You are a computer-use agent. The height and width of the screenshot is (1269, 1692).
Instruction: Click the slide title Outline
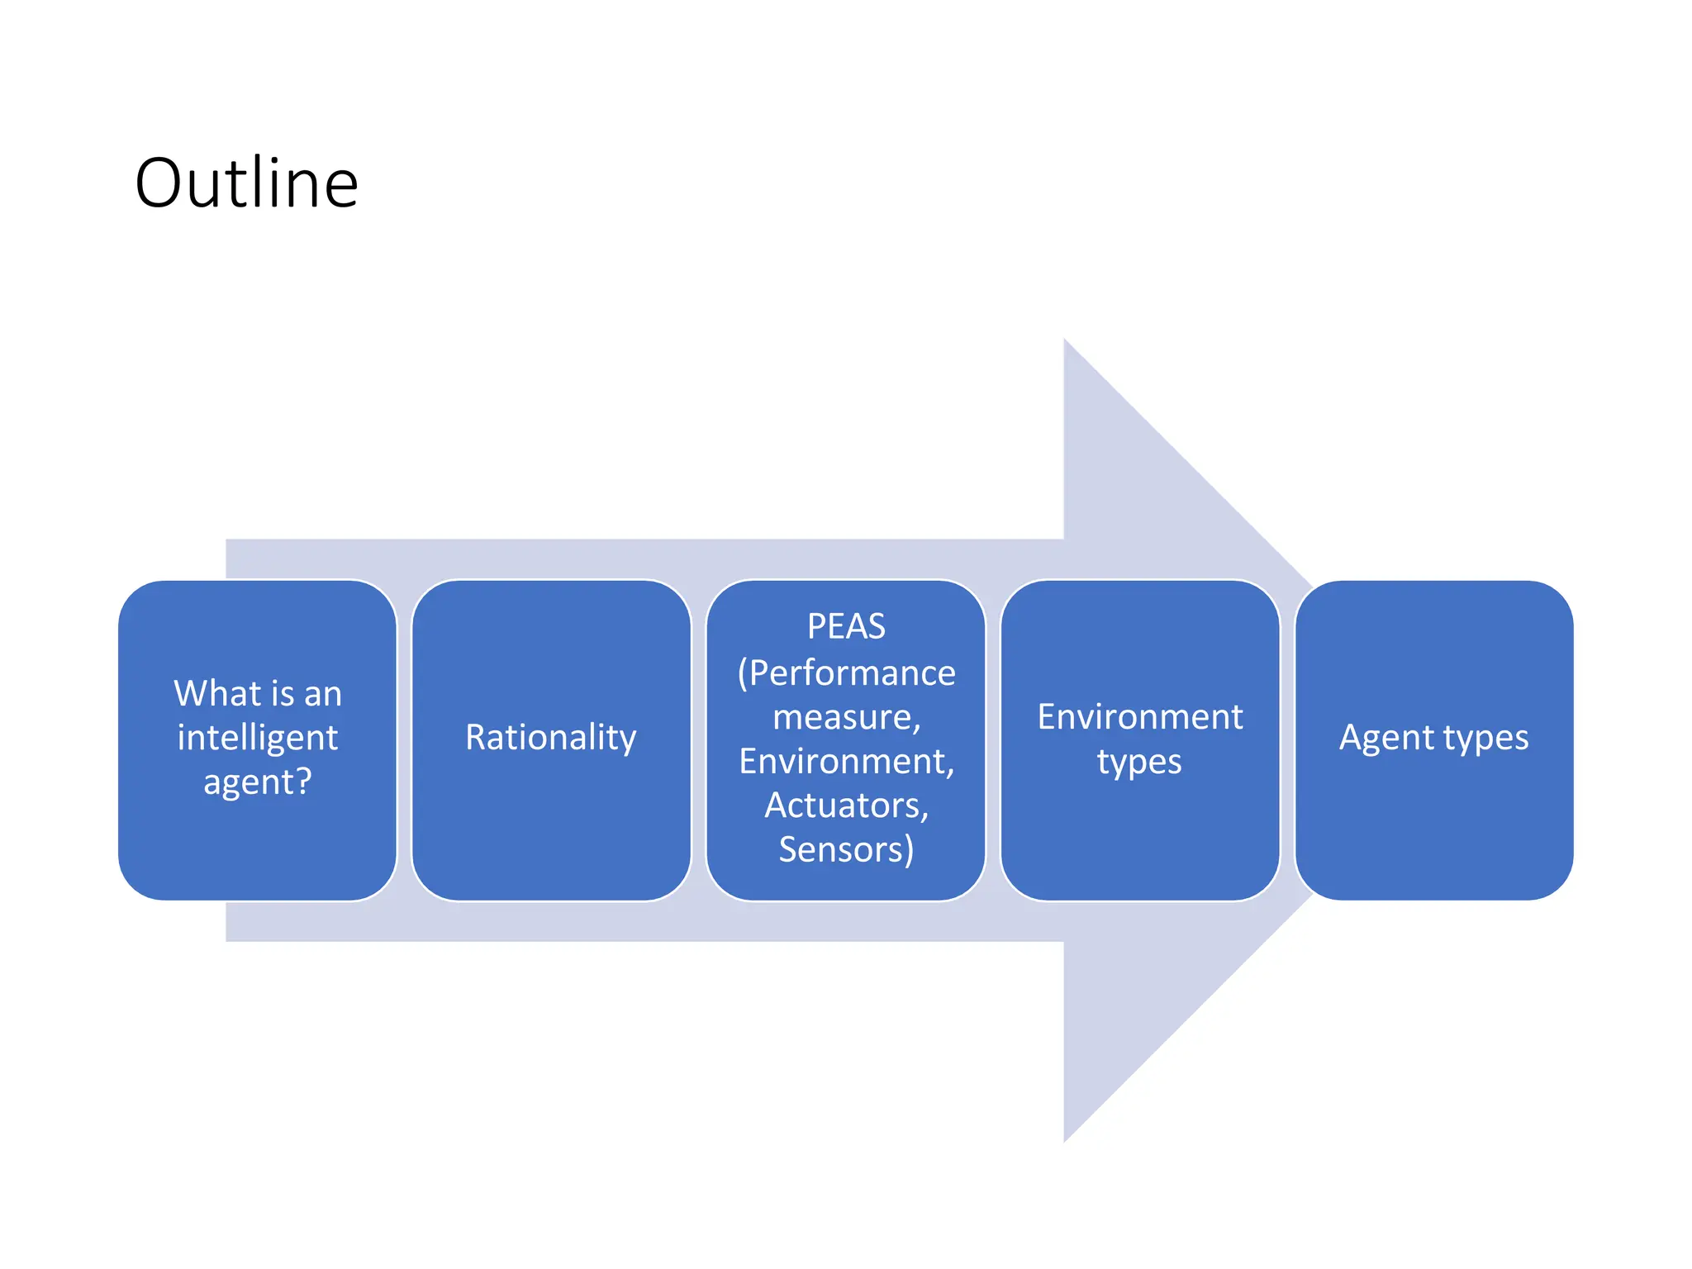246,183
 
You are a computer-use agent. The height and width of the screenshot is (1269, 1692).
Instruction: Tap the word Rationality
551,737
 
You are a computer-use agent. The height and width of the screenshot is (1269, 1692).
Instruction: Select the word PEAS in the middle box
846,626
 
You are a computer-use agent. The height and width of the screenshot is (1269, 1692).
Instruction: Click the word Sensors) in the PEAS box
846,849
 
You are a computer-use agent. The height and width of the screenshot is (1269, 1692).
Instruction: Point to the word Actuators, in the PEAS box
847,806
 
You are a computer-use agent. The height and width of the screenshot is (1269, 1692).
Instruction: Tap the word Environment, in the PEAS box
847,761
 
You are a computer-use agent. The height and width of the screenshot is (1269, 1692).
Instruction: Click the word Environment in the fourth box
1140,716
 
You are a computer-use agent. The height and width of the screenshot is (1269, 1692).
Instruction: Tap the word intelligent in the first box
258,737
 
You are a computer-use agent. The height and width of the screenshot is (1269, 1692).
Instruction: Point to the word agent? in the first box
258,782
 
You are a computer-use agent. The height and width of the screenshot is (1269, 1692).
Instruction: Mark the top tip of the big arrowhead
1065,340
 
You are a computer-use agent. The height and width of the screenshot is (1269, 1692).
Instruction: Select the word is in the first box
281,693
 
